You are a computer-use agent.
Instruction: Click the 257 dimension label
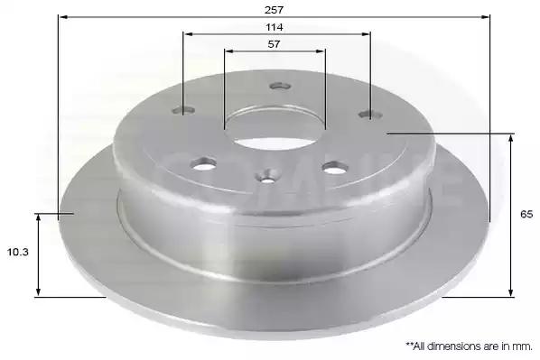[274, 10]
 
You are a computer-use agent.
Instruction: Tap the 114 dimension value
[275, 27]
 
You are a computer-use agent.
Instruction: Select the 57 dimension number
[274, 44]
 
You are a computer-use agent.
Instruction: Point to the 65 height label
[526, 215]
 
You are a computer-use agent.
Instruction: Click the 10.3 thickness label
[18, 253]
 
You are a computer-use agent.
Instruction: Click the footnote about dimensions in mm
[469, 346]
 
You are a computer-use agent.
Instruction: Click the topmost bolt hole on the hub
[280, 86]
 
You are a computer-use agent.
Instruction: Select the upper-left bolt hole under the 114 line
[183, 110]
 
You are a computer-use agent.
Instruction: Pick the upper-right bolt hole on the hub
[370, 115]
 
